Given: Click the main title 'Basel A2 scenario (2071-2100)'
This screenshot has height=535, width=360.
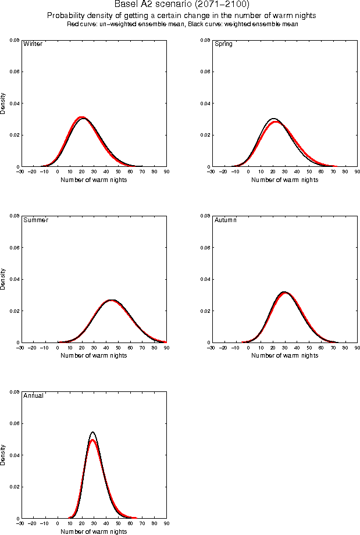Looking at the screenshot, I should pos(182,5).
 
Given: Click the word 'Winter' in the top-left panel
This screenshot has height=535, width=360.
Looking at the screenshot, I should pos(32,44).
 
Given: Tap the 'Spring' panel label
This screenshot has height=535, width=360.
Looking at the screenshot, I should pos(223,44).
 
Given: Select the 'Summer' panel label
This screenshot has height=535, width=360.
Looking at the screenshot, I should pos(35,220).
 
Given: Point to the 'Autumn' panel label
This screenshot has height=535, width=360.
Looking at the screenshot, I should pos(226,220).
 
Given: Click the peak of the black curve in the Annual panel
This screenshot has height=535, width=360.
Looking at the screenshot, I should pos(92,432).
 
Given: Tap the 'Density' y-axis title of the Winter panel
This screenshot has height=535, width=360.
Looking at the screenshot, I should pos(4,103).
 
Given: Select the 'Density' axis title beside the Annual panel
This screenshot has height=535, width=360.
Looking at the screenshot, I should pos(4,455).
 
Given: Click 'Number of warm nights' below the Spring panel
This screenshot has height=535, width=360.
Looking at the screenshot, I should pos(284,180).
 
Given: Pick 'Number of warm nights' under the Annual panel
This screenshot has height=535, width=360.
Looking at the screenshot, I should pos(94,532).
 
